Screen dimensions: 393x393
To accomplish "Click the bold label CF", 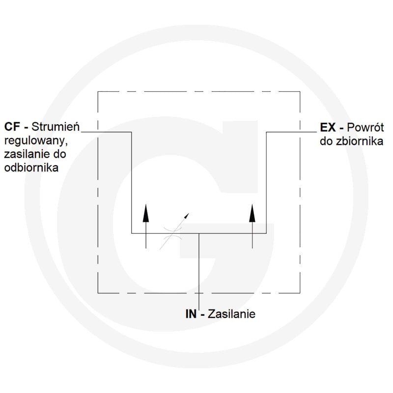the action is pyautogui.click(x=12, y=127).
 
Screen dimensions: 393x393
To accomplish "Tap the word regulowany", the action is pyautogui.click(x=36, y=141).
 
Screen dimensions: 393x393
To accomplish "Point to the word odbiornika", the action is pyautogui.click(x=31, y=167).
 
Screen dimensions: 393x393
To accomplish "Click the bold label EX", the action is pyautogui.click(x=328, y=128).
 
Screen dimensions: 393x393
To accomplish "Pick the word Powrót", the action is pyautogui.click(x=365, y=127).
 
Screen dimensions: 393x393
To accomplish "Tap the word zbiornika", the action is pyautogui.click(x=360, y=141).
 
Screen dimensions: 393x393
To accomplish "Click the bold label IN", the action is pyautogui.click(x=191, y=314).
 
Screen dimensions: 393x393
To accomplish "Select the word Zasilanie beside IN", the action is pyautogui.click(x=231, y=314).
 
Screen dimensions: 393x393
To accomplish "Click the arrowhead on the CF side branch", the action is pyautogui.click(x=145, y=213).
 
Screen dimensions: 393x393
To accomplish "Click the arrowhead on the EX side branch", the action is pyautogui.click(x=252, y=213).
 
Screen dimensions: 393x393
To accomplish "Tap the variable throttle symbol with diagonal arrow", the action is pyautogui.click(x=173, y=232).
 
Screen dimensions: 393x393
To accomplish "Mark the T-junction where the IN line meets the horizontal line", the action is pyautogui.click(x=199, y=233).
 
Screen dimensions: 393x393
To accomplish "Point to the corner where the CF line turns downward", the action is pyautogui.click(x=132, y=132).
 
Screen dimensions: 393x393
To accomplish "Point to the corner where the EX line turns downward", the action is pyautogui.click(x=266, y=132).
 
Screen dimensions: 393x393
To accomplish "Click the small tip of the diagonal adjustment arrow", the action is pyautogui.click(x=189, y=213).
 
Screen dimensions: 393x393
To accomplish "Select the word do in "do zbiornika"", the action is pyautogui.click(x=326, y=141).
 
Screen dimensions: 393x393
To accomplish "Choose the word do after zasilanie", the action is pyautogui.click(x=59, y=154).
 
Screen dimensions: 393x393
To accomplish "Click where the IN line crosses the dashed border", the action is pyautogui.click(x=199, y=293).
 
